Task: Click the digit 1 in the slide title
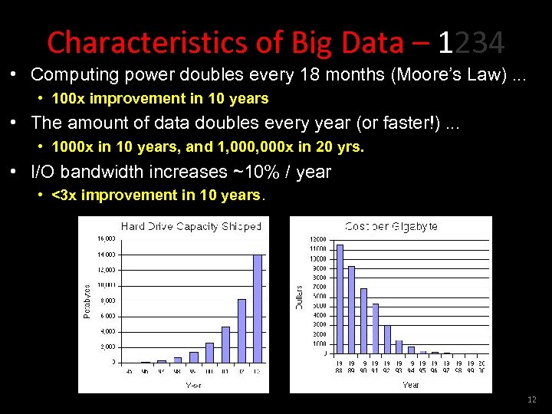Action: [x=446, y=44]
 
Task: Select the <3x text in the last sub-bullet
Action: [x=64, y=195]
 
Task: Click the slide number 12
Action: [x=532, y=400]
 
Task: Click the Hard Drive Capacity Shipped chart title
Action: [x=191, y=226]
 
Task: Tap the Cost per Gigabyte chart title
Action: [x=391, y=226]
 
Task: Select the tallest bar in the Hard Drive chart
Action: [x=258, y=307]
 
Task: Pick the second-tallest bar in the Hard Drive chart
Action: [x=242, y=330]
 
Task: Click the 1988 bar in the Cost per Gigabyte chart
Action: [x=340, y=298]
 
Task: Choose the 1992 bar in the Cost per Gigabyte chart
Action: [x=387, y=339]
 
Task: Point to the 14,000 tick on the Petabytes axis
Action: [x=106, y=254]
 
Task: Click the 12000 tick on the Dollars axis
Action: [x=317, y=240]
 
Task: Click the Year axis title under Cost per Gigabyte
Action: [x=411, y=385]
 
